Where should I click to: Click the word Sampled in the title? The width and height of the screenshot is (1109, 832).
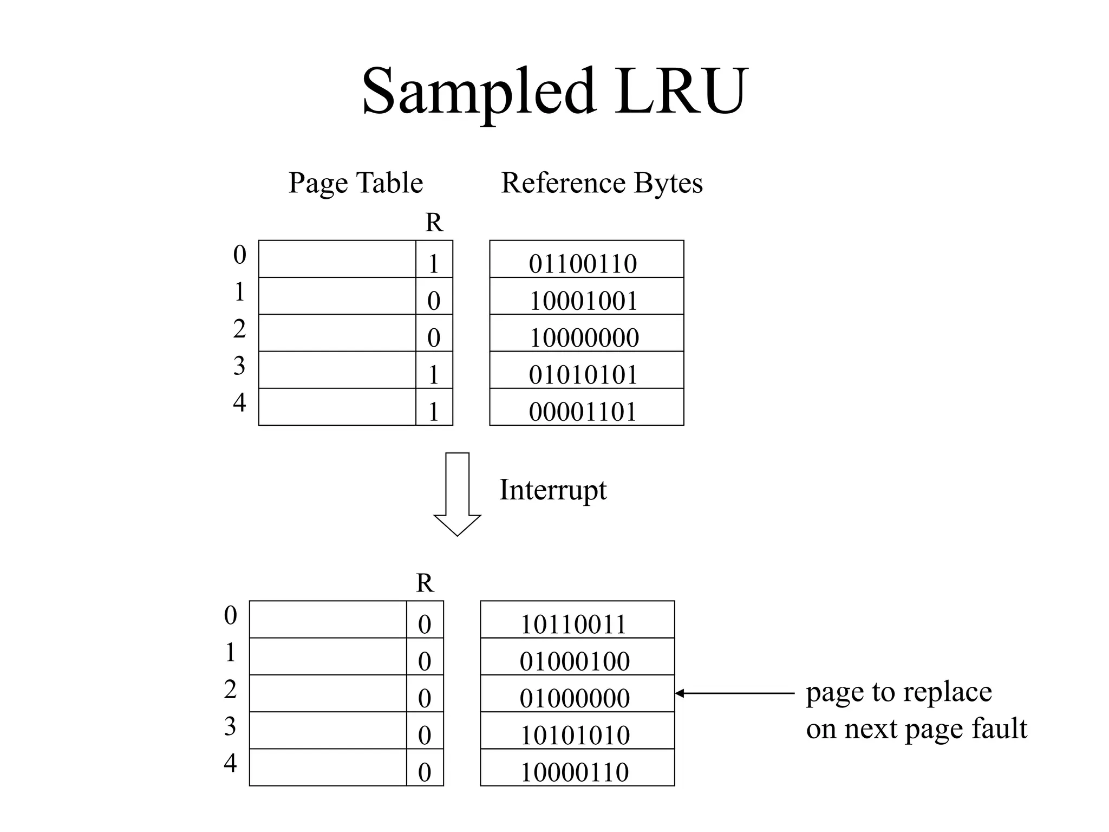tap(479, 92)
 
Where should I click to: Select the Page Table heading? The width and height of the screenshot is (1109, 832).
tap(355, 183)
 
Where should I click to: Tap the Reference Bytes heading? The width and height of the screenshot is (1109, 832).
tap(602, 183)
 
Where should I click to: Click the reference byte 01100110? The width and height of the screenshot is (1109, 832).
tap(583, 264)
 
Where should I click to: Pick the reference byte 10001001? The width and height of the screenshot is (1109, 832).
tap(583, 301)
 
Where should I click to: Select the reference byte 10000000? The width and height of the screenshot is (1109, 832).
tap(584, 337)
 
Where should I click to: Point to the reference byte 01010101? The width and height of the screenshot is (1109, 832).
tap(583, 374)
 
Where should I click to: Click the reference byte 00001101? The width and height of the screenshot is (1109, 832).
tap(583, 412)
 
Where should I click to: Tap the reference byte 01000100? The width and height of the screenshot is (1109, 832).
tap(575, 661)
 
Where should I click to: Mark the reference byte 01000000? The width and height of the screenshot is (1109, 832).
tap(575, 698)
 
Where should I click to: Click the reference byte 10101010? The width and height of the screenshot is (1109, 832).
tap(575, 735)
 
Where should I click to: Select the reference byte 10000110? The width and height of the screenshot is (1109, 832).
tap(574, 772)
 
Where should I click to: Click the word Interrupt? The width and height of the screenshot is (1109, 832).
tap(552, 490)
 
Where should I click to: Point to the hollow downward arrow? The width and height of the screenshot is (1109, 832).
tap(457, 493)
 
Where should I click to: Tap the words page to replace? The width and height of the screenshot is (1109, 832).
tap(898, 692)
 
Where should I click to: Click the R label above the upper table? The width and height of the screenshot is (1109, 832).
tap(434, 222)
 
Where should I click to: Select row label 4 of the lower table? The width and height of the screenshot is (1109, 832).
tap(230, 763)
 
